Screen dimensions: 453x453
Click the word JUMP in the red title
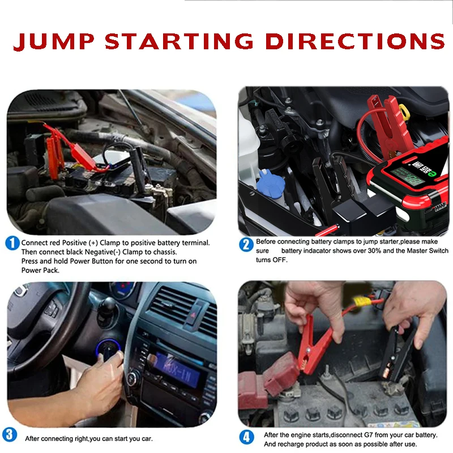[54, 41]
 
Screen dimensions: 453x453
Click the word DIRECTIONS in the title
[355, 41]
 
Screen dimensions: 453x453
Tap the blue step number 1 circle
[12, 243]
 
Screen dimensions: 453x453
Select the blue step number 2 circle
[246, 245]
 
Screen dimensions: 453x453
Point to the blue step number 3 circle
[10, 435]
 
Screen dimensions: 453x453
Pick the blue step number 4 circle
[246, 437]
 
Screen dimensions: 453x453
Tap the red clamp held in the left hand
[314, 344]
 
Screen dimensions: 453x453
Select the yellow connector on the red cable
[362, 302]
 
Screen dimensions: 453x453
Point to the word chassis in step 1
[164, 252]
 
